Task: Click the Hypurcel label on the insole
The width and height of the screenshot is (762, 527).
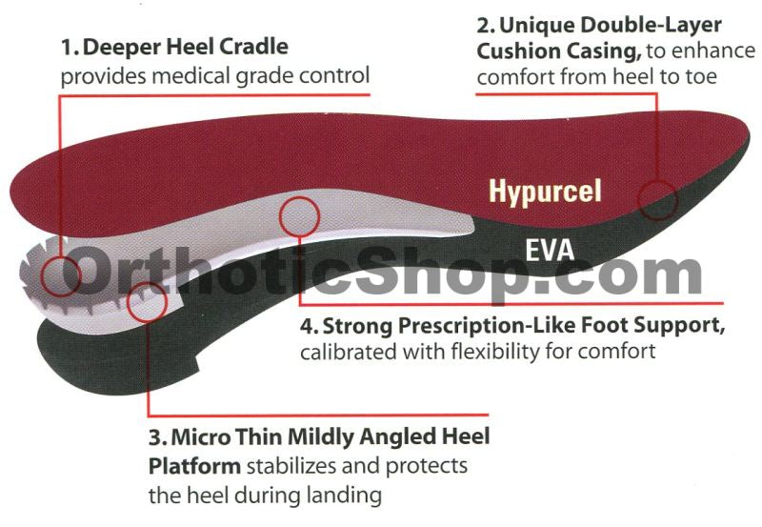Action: pos(545,191)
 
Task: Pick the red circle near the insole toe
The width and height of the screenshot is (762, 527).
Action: pos(657,199)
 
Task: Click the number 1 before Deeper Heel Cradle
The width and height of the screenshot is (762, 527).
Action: pos(66,47)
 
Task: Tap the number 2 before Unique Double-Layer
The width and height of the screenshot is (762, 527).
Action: pos(484,24)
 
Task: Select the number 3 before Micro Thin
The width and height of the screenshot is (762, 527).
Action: pos(154,439)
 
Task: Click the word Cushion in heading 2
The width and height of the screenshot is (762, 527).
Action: pos(511,51)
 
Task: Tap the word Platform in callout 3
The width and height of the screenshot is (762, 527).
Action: pos(194,467)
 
